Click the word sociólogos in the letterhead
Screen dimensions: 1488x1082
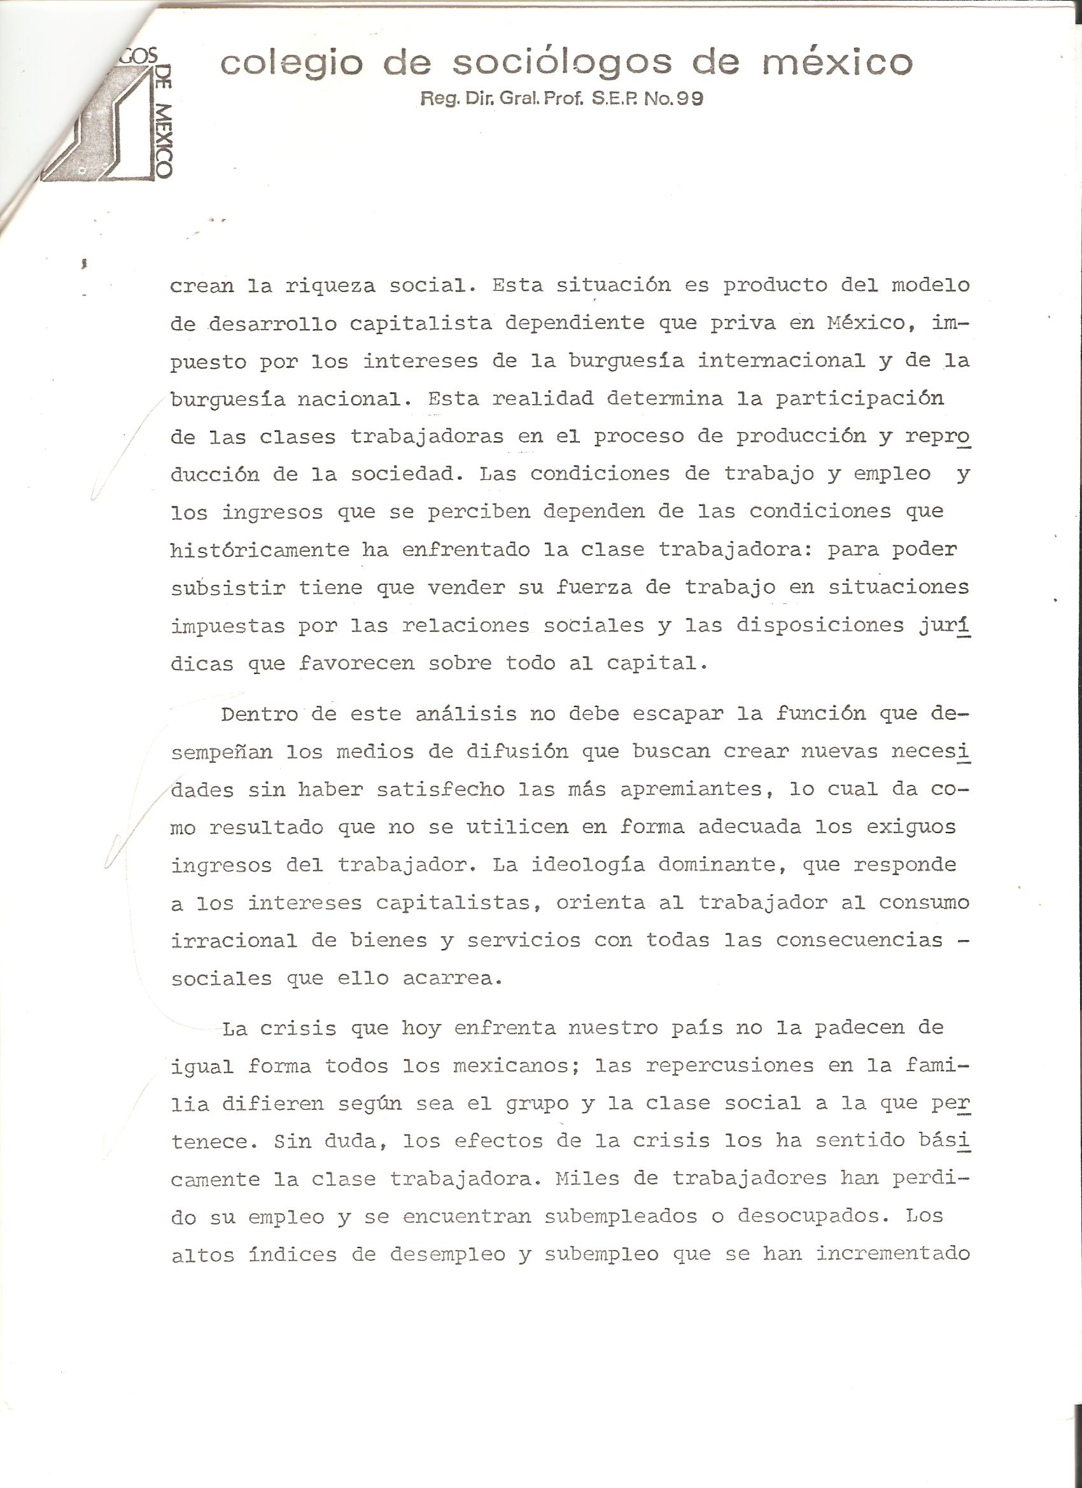563,63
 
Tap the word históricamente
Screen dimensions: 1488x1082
260,549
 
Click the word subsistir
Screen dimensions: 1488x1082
228,587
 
